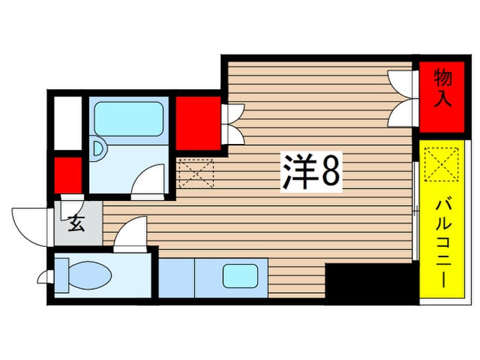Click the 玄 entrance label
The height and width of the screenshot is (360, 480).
pyautogui.click(x=76, y=224)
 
